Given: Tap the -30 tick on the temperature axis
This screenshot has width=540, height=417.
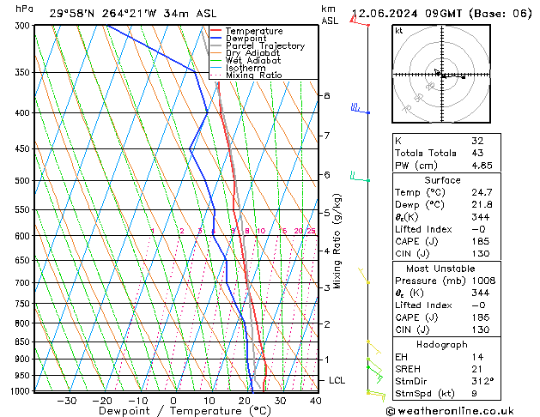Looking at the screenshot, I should pos(66,400).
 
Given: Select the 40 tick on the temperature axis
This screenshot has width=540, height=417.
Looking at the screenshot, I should pos(315,400).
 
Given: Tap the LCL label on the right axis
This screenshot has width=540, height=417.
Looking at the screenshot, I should pos(337,380).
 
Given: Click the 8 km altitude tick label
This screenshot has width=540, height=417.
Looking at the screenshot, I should pos(327,95).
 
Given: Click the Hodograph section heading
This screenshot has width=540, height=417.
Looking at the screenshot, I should pos(442,344).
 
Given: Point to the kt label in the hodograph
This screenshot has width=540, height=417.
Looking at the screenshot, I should pos(398,31).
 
